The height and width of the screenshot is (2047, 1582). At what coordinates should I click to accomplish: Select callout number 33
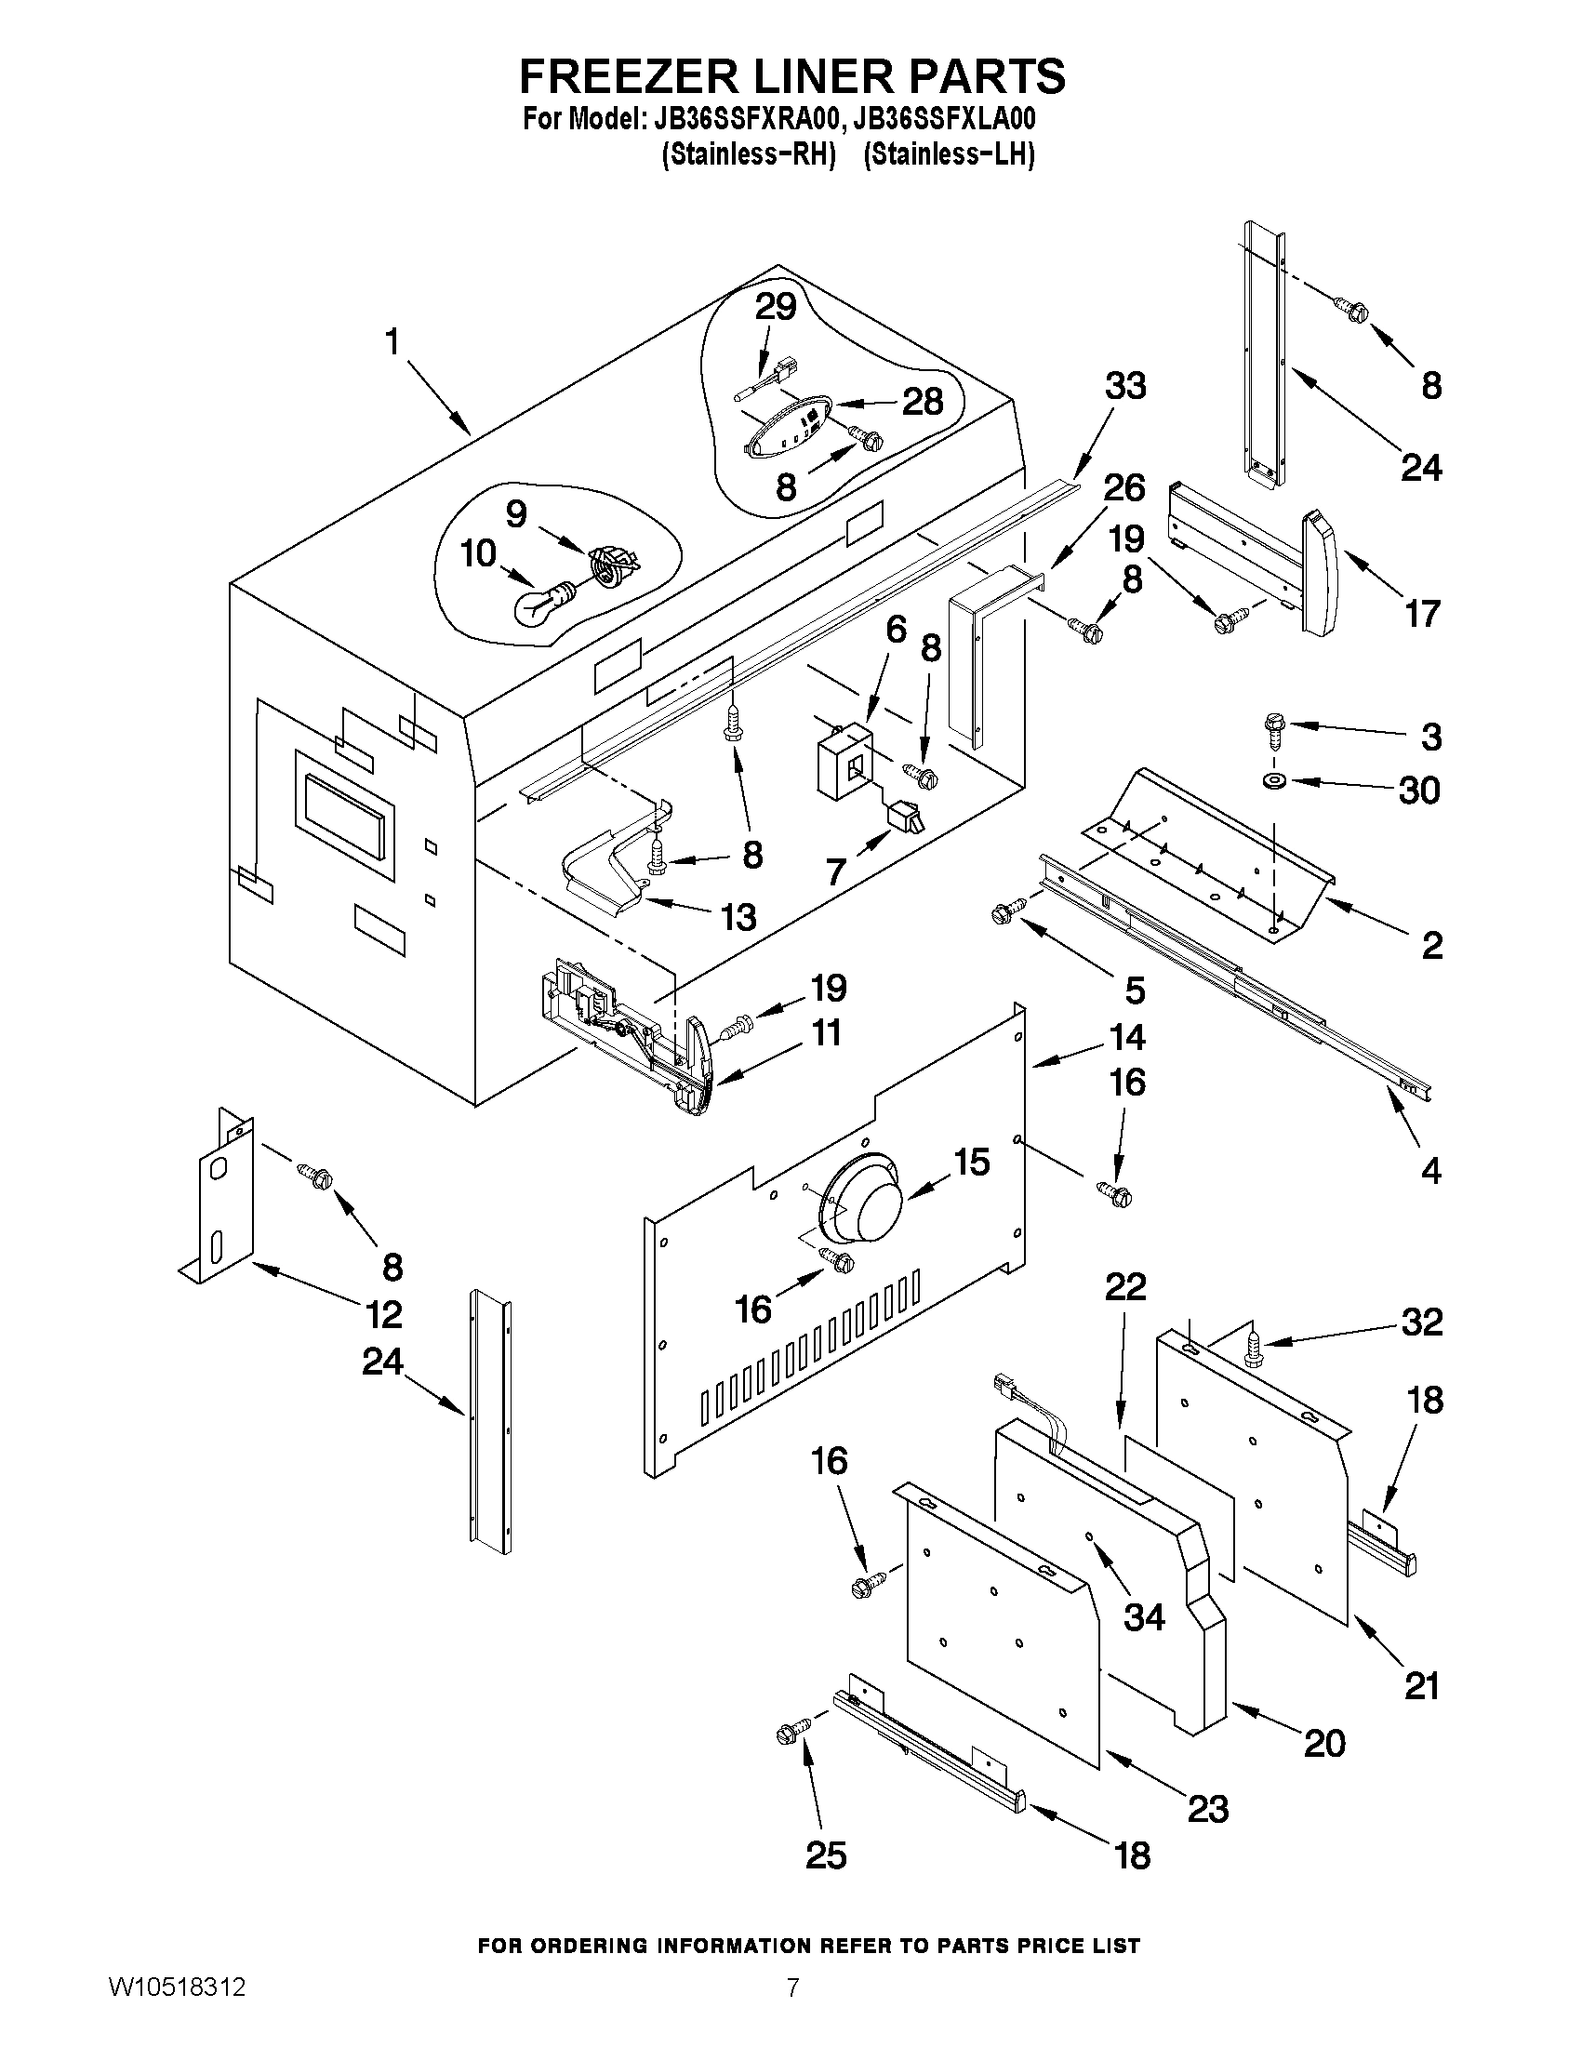[1124, 385]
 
